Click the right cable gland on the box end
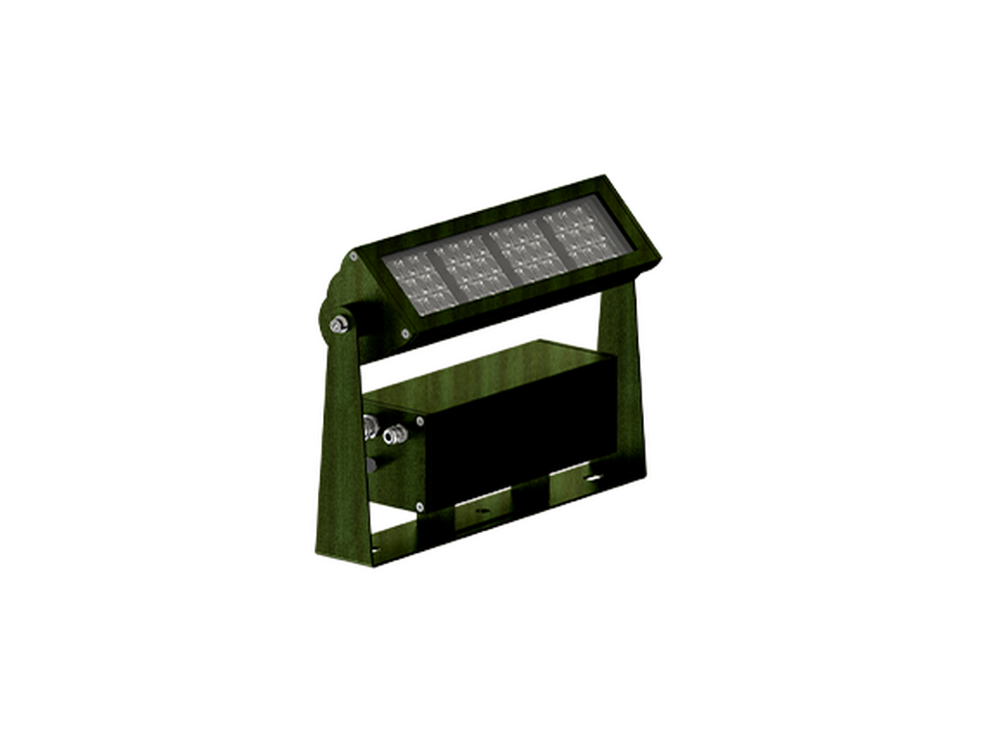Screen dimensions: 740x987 [x=392, y=436]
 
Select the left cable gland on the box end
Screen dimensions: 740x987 [x=371, y=425]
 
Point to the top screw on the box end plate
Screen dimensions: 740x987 [x=420, y=421]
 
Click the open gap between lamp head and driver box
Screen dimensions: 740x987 [x=482, y=332]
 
